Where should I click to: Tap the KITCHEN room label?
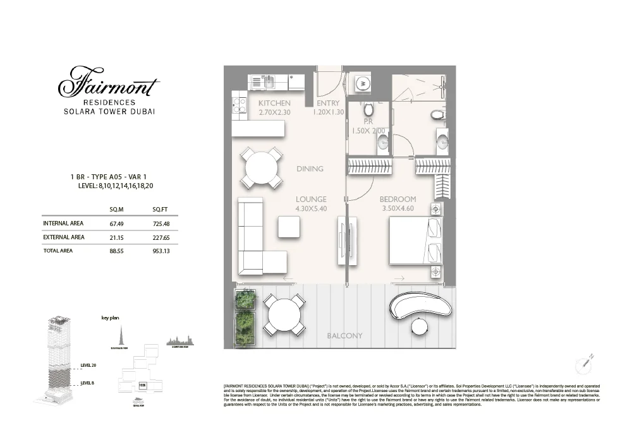(x=274, y=103)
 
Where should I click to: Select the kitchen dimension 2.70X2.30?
(x=274, y=112)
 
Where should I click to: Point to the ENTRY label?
(x=328, y=103)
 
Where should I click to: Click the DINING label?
(x=310, y=169)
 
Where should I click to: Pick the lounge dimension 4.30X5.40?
(x=311, y=209)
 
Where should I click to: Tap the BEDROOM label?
(x=398, y=200)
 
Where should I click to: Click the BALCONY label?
(x=344, y=335)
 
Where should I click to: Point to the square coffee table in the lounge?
(x=289, y=227)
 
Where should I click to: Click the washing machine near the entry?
(x=363, y=81)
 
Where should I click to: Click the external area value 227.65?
(x=162, y=237)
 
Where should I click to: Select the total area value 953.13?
(x=162, y=251)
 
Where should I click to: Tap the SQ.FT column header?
(x=161, y=208)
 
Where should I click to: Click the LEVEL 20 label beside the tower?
(x=89, y=365)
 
